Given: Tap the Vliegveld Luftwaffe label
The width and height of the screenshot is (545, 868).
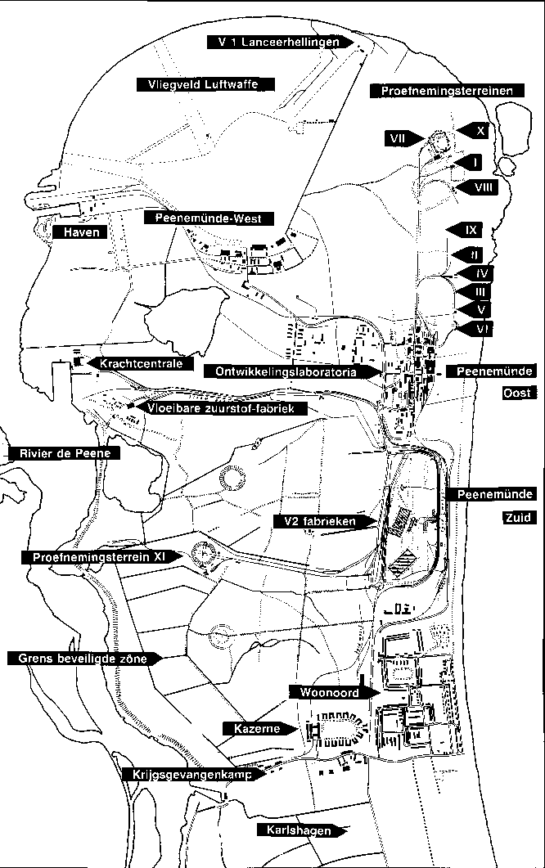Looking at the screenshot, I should click(x=204, y=84).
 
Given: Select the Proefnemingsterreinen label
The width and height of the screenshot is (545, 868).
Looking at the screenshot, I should click(x=446, y=91).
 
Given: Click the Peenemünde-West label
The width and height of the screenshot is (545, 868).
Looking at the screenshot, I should click(x=209, y=218).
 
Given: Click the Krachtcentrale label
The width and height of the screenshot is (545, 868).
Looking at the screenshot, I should click(x=140, y=363).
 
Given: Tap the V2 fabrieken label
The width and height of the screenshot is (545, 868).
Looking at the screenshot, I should click(x=324, y=520).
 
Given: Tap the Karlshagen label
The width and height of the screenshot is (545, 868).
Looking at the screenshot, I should click(x=300, y=831).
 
